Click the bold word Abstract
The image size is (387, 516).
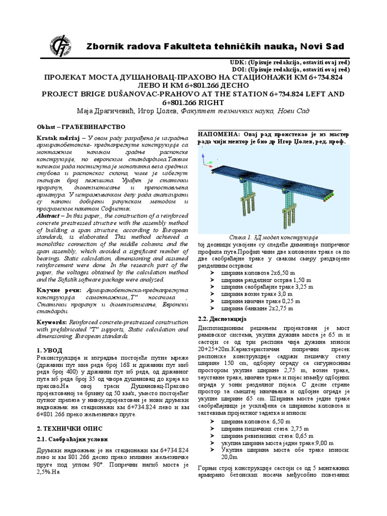[48, 215]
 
